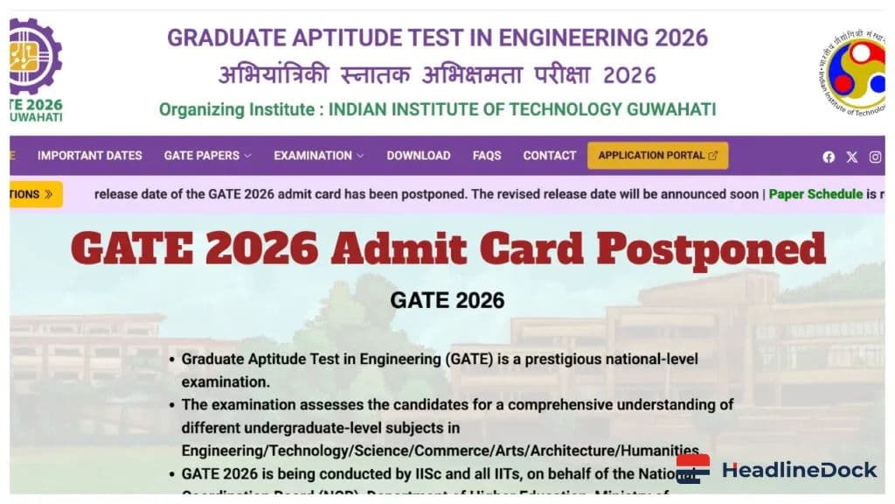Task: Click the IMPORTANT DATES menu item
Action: [x=89, y=156]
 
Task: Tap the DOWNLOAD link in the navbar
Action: [x=419, y=156]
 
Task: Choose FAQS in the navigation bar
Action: [x=487, y=156]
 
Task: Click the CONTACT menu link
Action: [x=550, y=156]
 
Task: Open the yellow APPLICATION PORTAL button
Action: [x=657, y=156]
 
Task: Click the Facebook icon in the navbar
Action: [x=829, y=157]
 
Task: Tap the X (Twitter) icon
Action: [x=852, y=157]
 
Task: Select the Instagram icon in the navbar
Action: [x=875, y=157]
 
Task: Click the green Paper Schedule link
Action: [x=815, y=194]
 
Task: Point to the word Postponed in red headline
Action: [x=711, y=249]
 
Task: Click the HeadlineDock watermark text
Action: [x=799, y=470]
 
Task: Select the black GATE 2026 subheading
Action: [x=447, y=300]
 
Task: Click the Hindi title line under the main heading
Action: [x=437, y=75]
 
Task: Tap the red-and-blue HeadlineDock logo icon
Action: [x=693, y=469]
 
